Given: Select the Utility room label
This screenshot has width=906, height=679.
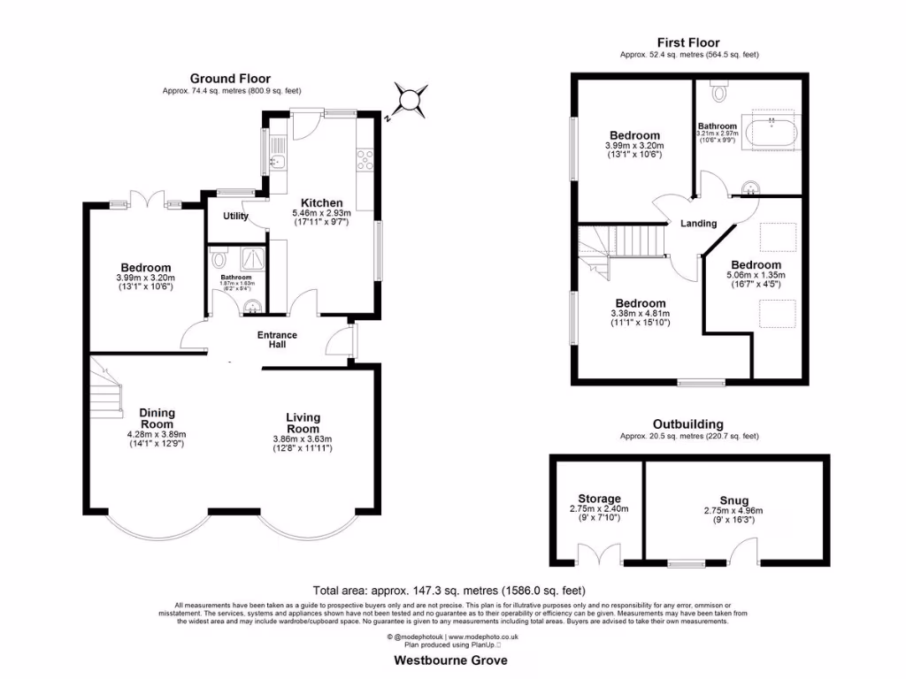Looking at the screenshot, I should [235, 216].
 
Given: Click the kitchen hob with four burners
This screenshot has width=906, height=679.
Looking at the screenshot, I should [365, 160].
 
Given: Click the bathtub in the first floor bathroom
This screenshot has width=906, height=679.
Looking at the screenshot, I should [773, 132].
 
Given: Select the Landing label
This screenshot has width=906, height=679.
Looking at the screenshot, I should [698, 224].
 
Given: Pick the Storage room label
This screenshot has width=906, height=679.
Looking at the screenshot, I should [599, 500].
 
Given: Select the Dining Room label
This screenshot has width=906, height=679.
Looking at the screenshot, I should [157, 418].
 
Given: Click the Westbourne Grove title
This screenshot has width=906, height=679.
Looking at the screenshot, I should [451, 660].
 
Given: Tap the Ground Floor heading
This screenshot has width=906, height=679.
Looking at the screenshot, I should [230, 79].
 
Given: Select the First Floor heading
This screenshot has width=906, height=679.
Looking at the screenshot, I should [687, 42].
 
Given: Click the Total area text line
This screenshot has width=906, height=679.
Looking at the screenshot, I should [449, 590].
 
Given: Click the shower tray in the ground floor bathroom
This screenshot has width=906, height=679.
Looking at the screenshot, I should [251, 263].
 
